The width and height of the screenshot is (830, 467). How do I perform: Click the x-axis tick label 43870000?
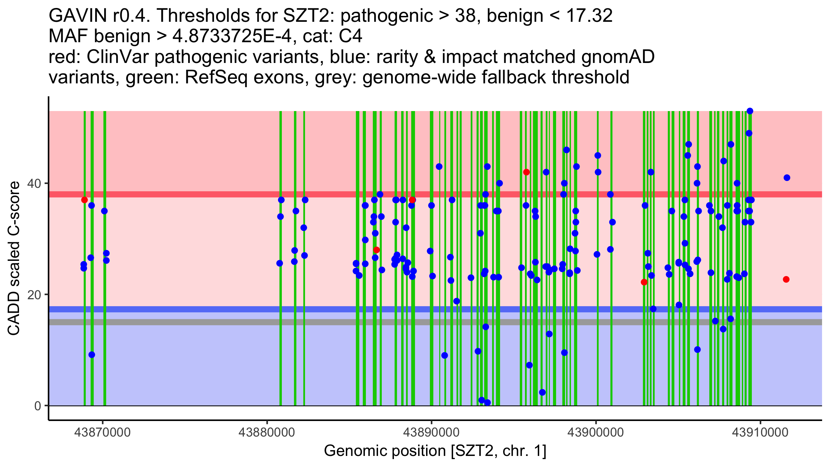pos(102,432)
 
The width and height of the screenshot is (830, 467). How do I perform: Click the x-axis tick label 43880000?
pos(267,432)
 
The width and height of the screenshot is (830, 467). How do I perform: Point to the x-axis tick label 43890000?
pos(431,432)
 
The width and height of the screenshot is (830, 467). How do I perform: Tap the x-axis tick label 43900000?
pos(596,432)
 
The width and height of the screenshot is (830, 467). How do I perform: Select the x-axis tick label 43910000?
pos(760,432)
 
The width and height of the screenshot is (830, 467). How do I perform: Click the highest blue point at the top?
pos(750,111)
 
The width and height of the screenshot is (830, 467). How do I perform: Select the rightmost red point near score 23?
pos(786,280)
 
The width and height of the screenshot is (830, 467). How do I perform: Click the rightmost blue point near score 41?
pos(787,178)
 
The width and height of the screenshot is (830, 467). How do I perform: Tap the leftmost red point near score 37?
pos(84,200)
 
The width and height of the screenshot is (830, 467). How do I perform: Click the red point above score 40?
pos(526,172)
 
